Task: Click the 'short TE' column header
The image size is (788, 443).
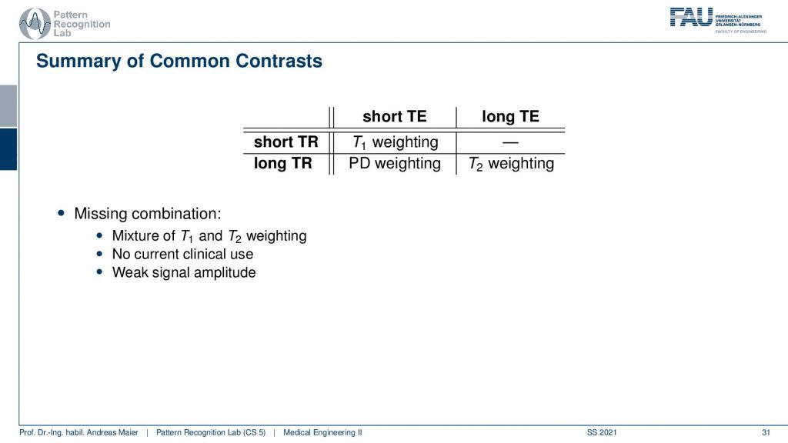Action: pyautogui.click(x=395, y=117)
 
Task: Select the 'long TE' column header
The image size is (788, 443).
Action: pyautogui.click(x=510, y=117)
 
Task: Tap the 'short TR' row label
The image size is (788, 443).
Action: pyautogui.click(x=286, y=142)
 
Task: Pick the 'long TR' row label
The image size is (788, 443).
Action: pyautogui.click(x=283, y=164)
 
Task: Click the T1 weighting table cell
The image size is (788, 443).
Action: pyautogui.click(x=396, y=142)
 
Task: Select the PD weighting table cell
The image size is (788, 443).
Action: pyautogui.click(x=395, y=164)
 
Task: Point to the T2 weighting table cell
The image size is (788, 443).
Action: pyautogui.click(x=511, y=165)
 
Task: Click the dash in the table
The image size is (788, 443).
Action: pyautogui.click(x=510, y=142)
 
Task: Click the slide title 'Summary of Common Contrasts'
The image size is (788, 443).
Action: pyautogui.click(x=179, y=61)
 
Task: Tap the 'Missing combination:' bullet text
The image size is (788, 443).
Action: pyautogui.click(x=147, y=214)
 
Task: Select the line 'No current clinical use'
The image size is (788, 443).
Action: pyautogui.click(x=182, y=254)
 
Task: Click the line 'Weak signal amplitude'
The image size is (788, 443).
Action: pyautogui.click(x=184, y=272)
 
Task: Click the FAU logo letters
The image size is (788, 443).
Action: pyautogui.click(x=692, y=18)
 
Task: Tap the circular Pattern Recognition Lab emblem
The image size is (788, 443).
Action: pyautogui.click(x=35, y=24)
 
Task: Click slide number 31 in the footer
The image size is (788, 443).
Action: pyautogui.click(x=766, y=432)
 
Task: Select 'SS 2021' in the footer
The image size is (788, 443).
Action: pyautogui.click(x=602, y=432)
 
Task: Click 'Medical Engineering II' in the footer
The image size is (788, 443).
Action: pyautogui.click(x=322, y=432)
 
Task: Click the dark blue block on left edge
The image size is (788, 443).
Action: pyautogui.click(x=8, y=149)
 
